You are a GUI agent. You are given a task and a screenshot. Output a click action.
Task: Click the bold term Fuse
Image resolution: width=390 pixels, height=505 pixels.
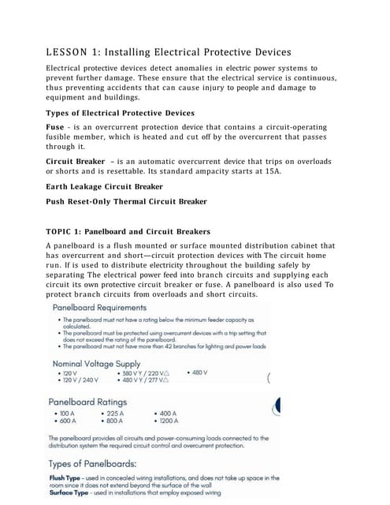55,127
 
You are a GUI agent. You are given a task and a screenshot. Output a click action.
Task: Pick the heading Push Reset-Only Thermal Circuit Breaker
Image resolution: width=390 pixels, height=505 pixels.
126,201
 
